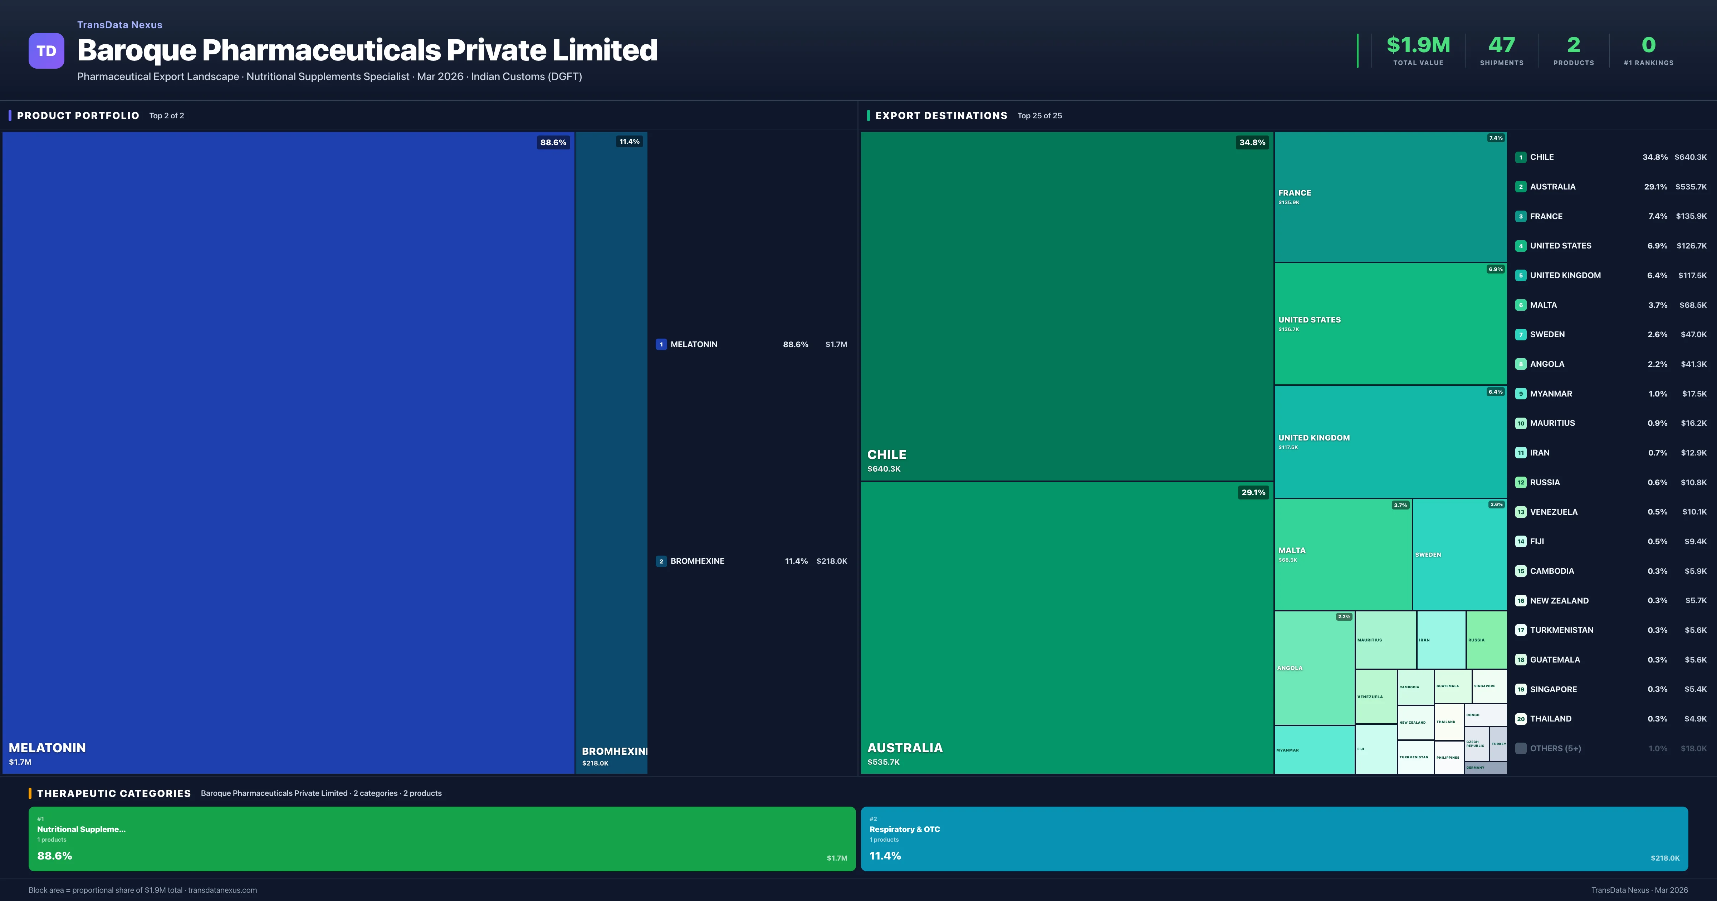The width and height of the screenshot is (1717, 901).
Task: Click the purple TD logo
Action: click(x=46, y=51)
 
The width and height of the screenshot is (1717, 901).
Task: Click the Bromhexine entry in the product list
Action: click(x=697, y=561)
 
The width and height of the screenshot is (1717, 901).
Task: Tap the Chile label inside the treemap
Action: click(x=886, y=454)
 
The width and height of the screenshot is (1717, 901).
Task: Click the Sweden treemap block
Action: click(x=1459, y=555)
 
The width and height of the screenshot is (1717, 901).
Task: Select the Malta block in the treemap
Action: click(x=1342, y=555)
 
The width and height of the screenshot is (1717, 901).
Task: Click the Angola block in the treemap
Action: click(x=1314, y=668)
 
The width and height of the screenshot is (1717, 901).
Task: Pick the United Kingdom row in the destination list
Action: click(x=1565, y=275)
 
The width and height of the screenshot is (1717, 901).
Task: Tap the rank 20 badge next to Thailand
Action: click(x=1520, y=719)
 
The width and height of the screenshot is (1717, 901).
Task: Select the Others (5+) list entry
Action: click(x=1555, y=748)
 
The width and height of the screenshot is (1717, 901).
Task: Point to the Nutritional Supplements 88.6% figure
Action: click(x=55, y=856)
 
